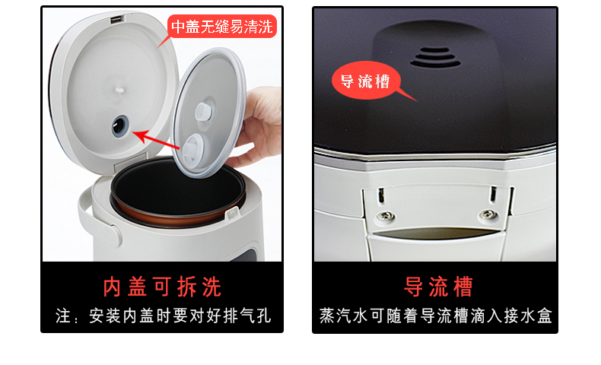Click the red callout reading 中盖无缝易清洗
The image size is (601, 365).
tap(222, 27)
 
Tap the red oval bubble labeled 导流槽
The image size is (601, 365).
tap(366, 81)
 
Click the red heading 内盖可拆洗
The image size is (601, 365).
tap(162, 287)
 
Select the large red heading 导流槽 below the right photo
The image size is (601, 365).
tap(438, 287)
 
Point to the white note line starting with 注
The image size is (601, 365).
tap(164, 316)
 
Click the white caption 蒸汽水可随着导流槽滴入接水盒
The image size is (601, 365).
tap(435, 316)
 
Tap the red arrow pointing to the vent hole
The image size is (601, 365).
tap(156, 140)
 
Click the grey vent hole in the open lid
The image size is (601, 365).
tap(120, 126)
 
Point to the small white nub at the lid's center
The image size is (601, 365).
tap(120, 90)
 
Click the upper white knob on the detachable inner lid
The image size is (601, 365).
tap(203, 112)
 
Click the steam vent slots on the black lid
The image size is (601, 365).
tap(435, 58)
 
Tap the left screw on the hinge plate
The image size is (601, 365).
tap(385, 217)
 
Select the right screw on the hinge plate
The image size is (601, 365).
tap(488, 214)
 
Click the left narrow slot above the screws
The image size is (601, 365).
tap(381, 195)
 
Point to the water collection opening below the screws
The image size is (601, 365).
tap(437, 233)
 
